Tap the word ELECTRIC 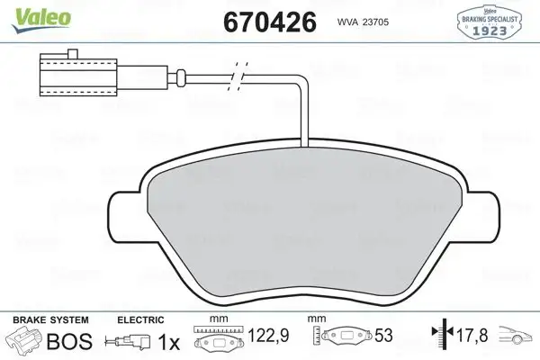139,319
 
